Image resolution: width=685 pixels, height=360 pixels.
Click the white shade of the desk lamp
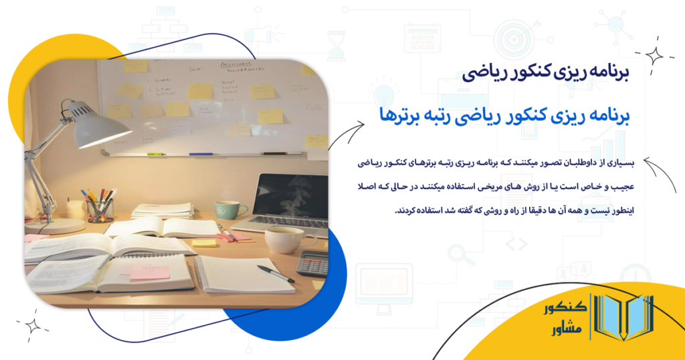pyautogui.click(x=100, y=127)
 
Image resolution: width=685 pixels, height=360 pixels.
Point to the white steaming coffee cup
pyautogui.click(x=284, y=239)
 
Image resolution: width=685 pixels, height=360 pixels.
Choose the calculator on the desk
pyautogui.click(x=312, y=263)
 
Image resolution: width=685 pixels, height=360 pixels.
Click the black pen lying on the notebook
pyautogui.click(x=275, y=274)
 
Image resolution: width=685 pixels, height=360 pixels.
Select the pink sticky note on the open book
pyautogui.click(x=149, y=272)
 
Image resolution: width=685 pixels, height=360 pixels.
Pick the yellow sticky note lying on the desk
pyautogui.click(x=204, y=243)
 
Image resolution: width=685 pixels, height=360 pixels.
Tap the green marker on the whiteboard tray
pyautogui.click(x=155, y=155)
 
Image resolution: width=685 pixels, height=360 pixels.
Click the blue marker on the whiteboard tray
pyautogui.click(x=201, y=155)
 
